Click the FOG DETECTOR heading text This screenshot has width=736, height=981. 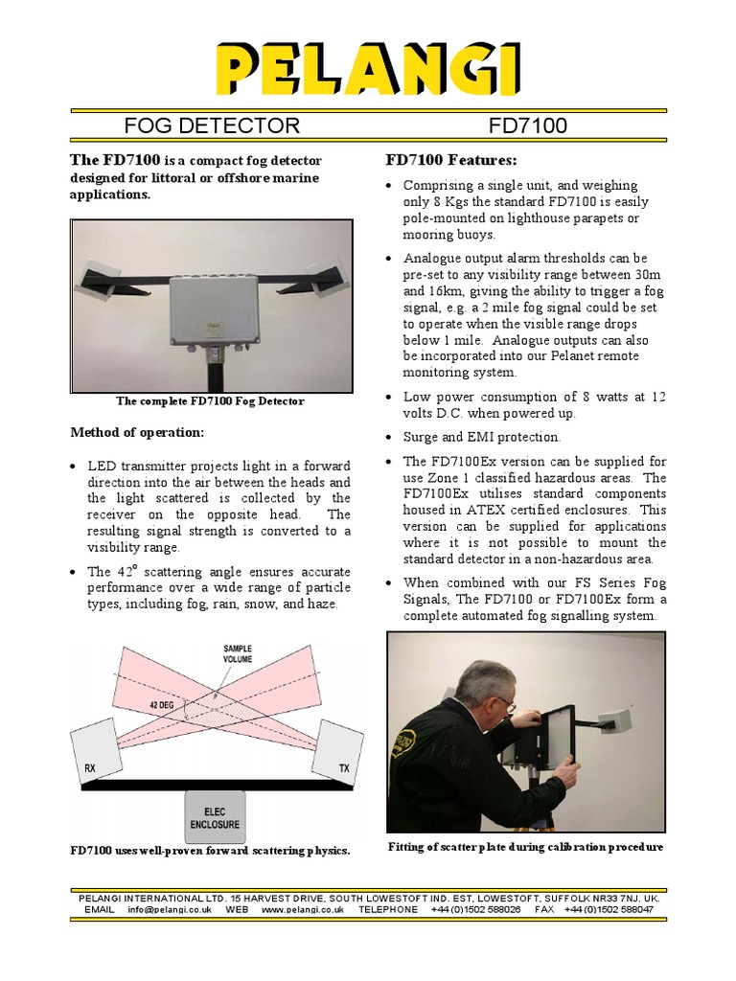pos(213,125)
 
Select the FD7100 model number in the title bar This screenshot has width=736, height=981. pos(528,125)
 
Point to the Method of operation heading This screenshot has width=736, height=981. pos(137,432)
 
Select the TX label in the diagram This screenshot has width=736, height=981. pos(344,767)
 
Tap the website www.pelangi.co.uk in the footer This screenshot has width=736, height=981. pos(302,909)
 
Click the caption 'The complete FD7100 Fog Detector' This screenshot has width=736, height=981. pos(210,401)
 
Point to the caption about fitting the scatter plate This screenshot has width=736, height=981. pos(525,847)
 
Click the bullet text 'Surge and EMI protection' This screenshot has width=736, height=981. pos(481,437)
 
